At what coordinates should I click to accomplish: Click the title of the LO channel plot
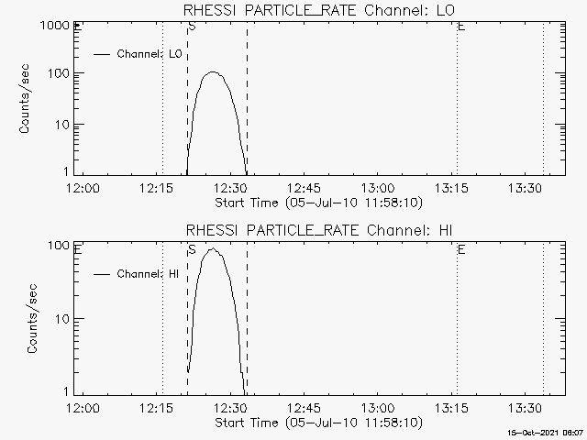click(x=320, y=10)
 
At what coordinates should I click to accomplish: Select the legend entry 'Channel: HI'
click(x=147, y=273)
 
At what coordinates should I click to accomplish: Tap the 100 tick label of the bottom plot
click(x=61, y=246)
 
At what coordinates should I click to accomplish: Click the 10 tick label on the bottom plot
click(x=65, y=318)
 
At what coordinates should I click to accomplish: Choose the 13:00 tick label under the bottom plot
click(x=377, y=408)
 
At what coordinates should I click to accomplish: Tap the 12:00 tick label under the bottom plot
click(x=83, y=408)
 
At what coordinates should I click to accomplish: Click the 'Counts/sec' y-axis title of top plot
click(x=27, y=101)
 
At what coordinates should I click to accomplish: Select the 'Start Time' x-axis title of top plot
click(x=317, y=202)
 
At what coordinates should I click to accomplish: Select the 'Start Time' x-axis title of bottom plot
click(x=317, y=423)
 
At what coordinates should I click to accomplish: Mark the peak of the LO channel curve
click(x=213, y=71)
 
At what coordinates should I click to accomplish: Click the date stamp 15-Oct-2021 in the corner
click(x=547, y=431)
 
